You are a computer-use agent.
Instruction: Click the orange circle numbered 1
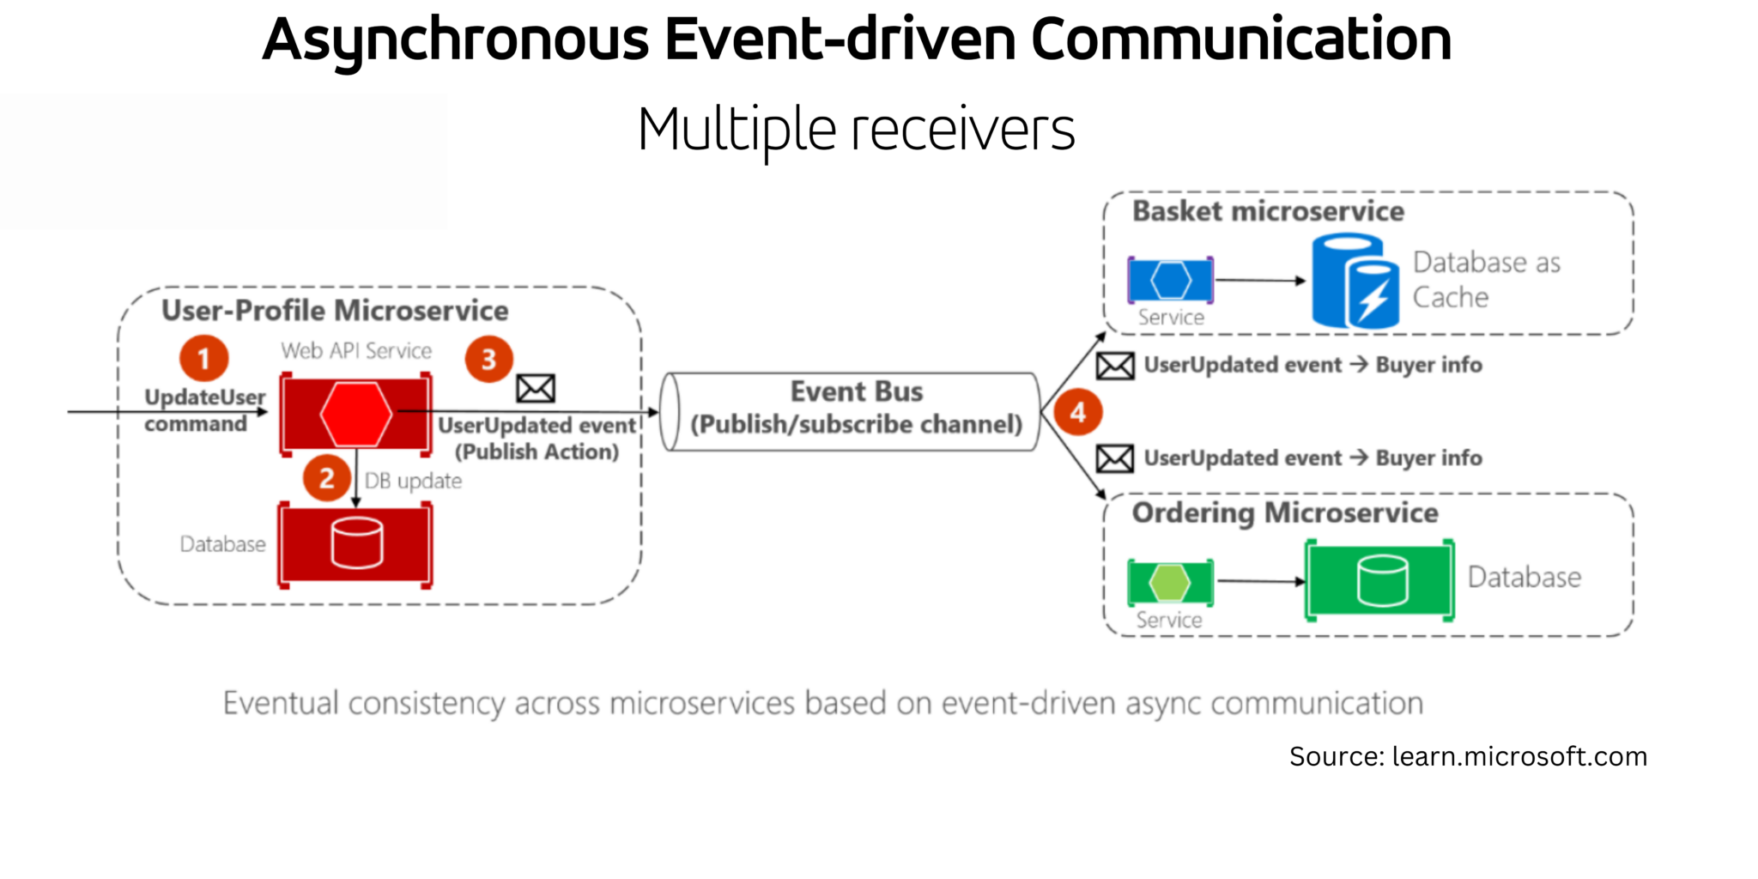[203, 358]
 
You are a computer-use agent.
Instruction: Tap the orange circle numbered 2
[326, 478]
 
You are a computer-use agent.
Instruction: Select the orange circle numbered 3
[488, 359]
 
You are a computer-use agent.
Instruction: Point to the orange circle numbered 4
[1077, 412]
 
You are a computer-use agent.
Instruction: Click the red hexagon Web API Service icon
[355, 414]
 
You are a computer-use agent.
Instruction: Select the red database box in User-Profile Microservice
[355, 545]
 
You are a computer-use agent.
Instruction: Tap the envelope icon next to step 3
[536, 389]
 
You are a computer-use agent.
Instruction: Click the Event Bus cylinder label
[856, 408]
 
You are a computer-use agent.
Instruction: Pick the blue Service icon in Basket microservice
[1171, 280]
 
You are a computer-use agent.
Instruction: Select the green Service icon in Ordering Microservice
[1170, 583]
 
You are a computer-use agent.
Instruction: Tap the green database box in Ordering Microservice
[1379, 580]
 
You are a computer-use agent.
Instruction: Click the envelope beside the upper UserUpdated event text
[1115, 367]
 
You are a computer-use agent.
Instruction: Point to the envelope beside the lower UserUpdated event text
[1115, 459]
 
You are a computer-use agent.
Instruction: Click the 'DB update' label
[413, 481]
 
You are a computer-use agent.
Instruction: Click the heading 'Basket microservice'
[1267, 211]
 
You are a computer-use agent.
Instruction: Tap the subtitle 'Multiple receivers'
[856, 130]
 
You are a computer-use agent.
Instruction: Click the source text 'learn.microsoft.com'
[1519, 756]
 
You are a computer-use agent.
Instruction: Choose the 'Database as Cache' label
[1486, 280]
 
